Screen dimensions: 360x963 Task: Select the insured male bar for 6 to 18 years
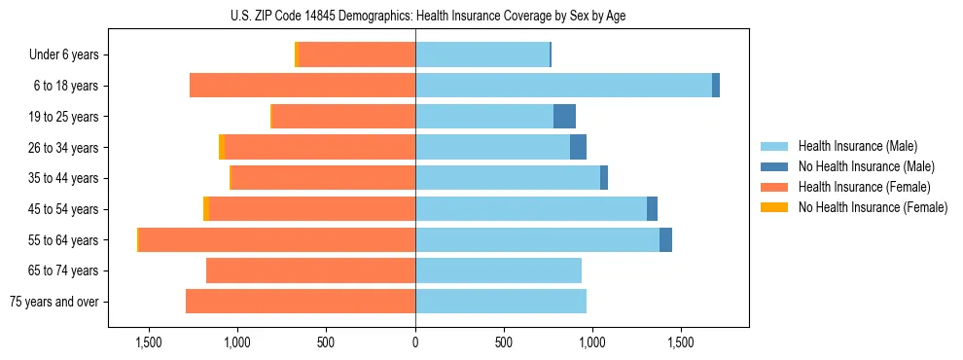point(563,86)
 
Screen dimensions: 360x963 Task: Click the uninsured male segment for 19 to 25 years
point(564,117)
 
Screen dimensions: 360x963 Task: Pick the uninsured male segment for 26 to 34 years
point(578,147)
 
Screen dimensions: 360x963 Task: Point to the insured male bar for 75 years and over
point(501,302)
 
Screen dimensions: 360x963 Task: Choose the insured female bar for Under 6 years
point(357,54)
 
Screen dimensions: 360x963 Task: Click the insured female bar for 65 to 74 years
point(310,270)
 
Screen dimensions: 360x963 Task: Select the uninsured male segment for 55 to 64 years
point(665,239)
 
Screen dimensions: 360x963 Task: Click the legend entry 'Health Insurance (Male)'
point(858,146)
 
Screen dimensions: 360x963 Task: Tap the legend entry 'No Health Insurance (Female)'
point(873,207)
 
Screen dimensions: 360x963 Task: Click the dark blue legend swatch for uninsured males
point(774,166)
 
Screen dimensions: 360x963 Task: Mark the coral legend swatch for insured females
point(774,187)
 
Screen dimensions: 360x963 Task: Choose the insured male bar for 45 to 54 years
point(531,209)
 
